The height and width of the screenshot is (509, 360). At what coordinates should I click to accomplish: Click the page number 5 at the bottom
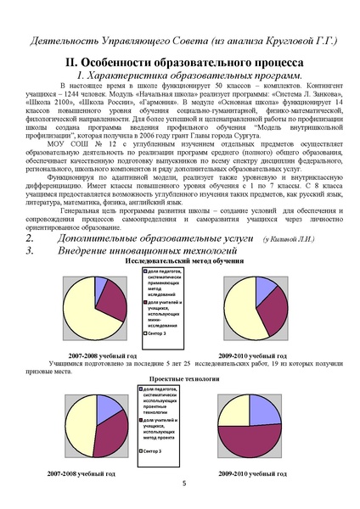(184, 484)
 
